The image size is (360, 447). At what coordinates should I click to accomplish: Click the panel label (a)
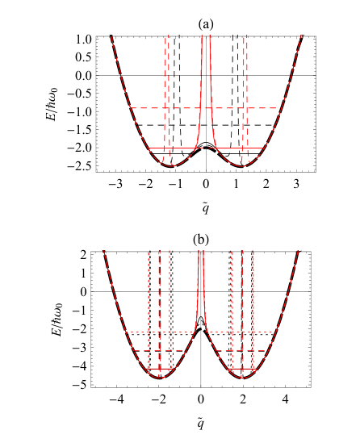[x=206, y=24]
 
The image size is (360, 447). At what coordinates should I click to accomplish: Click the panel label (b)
[x=200, y=240]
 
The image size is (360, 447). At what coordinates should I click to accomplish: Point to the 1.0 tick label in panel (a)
[x=83, y=40]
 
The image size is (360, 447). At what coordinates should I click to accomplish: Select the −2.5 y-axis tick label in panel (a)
[x=80, y=166]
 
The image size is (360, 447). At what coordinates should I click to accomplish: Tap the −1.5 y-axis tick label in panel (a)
[x=80, y=130]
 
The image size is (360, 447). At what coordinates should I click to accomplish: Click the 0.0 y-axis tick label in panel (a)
[x=83, y=76]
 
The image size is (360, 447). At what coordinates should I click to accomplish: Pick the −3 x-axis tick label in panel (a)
[x=115, y=184]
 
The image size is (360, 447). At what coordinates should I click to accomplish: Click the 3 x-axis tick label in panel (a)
[x=296, y=184]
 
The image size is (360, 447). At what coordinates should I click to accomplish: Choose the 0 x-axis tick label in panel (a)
[x=206, y=184]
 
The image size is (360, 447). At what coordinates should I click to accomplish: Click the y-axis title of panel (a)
[x=52, y=104]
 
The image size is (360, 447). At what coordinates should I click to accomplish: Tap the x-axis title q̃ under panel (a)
[x=206, y=208]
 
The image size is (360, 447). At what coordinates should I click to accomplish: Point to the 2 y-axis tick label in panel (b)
[x=83, y=255]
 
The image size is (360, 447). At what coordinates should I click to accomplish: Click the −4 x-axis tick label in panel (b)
[x=117, y=399]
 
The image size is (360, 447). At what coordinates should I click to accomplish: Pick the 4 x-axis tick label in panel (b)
[x=285, y=399]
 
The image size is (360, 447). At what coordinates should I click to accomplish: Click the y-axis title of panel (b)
[x=57, y=320]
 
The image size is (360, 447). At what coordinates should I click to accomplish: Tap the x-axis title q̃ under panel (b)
[x=201, y=424]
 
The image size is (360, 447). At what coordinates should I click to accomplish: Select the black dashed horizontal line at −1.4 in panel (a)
[x=206, y=125]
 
